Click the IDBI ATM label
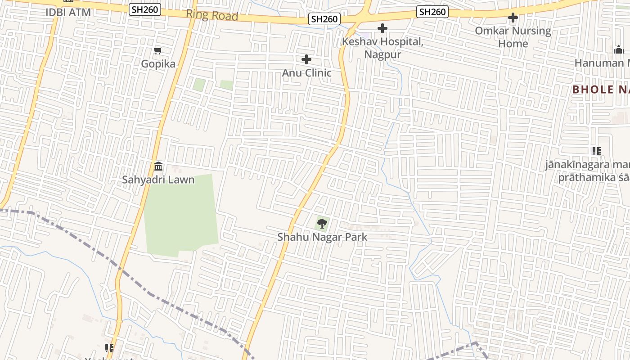(x=68, y=12)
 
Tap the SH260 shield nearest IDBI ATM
(x=145, y=9)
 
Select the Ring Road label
(x=212, y=15)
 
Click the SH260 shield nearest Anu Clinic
(x=324, y=19)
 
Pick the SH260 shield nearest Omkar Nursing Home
(x=432, y=12)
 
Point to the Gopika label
(x=158, y=63)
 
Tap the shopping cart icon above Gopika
(x=157, y=50)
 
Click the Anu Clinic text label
(x=306, y=72)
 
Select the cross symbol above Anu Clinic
(x=306, y=59)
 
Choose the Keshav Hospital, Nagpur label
(x=382, y=48)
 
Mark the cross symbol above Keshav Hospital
(x=382, y=28)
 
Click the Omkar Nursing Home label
(x=513, y=37)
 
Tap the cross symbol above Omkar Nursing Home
(x=513, y=18)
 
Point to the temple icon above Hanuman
(x=619, y=49)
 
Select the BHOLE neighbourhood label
(x=601, y=89)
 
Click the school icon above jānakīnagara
(x=597, y=151)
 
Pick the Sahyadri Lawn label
(x=158, y=180)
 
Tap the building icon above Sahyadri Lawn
(x=158, y=166)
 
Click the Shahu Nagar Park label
(x=322, y=237)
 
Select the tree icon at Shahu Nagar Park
(x=322, y=223)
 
